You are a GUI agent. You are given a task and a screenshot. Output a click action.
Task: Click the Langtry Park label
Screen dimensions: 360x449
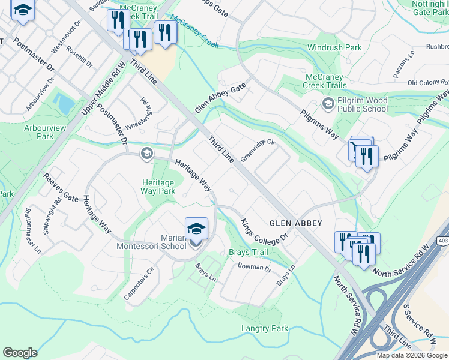click(264, 328)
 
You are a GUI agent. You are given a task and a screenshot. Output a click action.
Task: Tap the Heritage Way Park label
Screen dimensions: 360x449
click(158, 187)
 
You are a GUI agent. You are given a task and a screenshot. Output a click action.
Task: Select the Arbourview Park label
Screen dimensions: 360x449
click(47, 132)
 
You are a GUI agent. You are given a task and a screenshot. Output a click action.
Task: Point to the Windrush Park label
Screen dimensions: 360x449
click(334, 47)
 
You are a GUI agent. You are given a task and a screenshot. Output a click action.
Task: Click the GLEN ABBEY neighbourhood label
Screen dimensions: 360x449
click(295, 223)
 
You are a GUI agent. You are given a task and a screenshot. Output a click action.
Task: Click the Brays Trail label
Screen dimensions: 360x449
click(248, 253)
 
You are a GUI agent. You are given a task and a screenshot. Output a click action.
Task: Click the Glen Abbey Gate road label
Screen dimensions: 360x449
click(220, 98)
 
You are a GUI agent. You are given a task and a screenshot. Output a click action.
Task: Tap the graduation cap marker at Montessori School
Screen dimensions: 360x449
click(196, 229)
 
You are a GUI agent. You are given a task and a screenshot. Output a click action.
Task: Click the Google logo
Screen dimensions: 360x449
click(20, 353)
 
